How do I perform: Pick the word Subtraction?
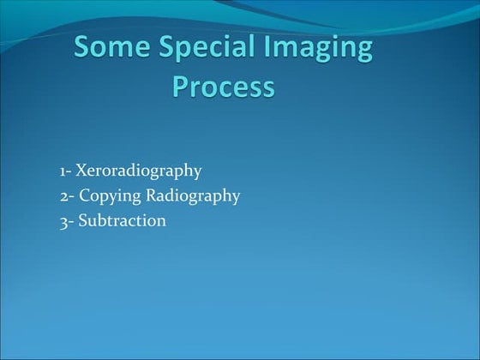click(122, 220)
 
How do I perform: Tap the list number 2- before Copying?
click(66, 195)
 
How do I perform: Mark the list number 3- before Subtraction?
click(66, 220)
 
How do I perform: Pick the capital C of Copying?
click(84, 195)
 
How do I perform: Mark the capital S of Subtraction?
click(82, 220)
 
